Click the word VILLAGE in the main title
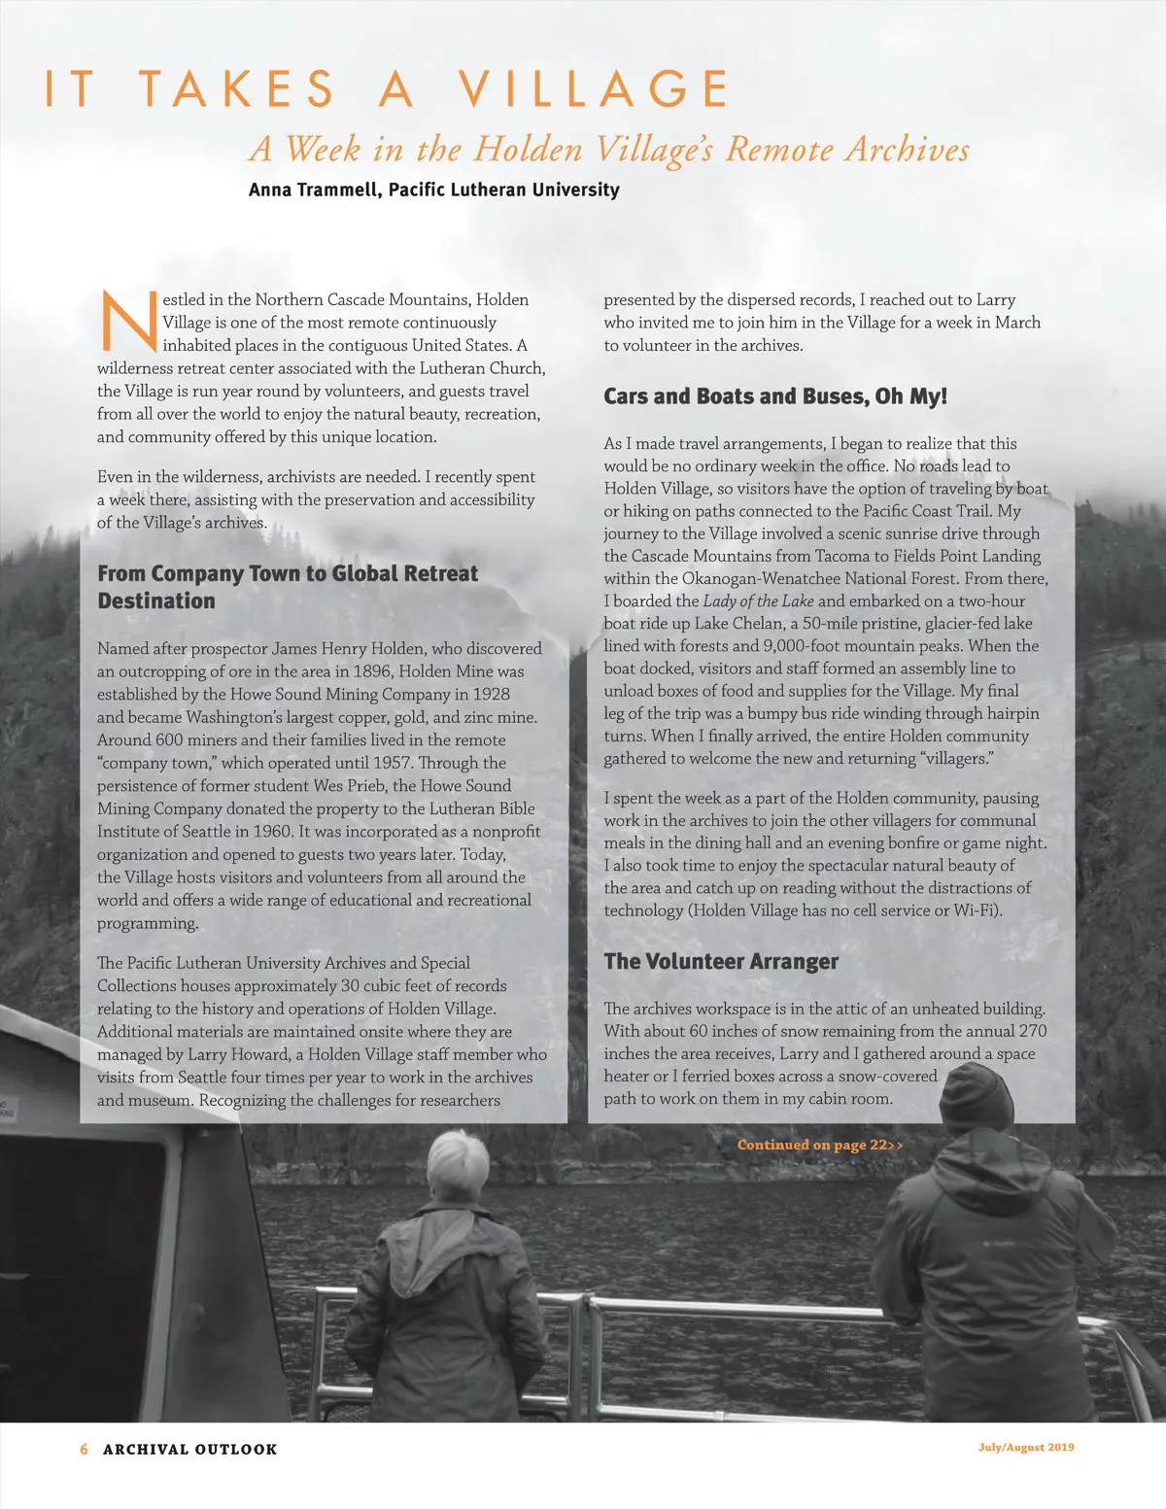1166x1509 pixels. tap(594, 89)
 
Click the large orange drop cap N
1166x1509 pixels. tap(128, 321)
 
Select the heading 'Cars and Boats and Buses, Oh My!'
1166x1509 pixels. tap(774, 396)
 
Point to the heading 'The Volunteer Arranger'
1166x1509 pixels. tap(720, 961)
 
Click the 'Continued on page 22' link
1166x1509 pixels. tap(819, 1145)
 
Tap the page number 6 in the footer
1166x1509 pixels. tap(84, 1449)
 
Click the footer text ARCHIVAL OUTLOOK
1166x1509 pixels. tap(190, 1449)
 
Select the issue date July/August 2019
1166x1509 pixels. tap(1025, 1447)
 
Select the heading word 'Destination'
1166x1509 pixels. tap(156, 600)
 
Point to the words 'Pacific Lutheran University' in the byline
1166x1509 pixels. tap(503, 189)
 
